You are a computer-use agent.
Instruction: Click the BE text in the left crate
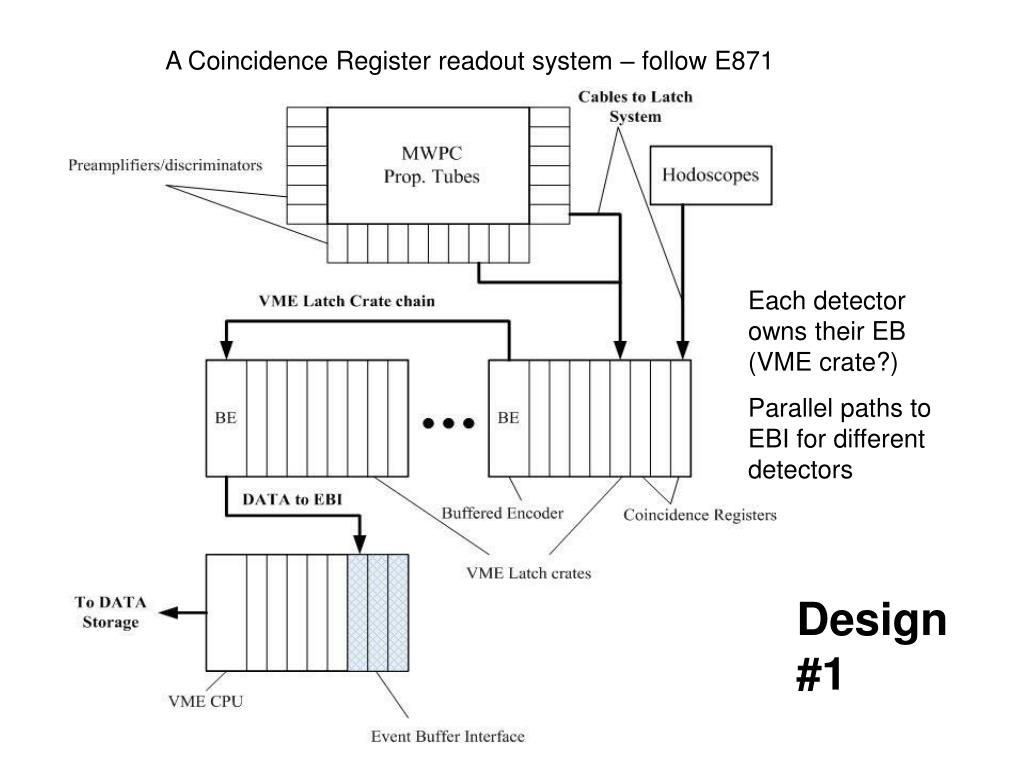[226, 418]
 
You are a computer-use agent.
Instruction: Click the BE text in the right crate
[508, 418]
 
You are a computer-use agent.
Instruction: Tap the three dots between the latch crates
[447, 423]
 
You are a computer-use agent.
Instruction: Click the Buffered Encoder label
[503, 513]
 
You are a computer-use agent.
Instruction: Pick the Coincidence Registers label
[700, 515]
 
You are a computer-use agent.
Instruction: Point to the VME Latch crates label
[529, 573]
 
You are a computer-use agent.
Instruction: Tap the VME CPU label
[204, 701]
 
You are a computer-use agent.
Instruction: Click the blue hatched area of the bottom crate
[378, 612]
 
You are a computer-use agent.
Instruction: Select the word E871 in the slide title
[745, 62]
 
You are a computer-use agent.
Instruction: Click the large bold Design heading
[871, 621]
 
